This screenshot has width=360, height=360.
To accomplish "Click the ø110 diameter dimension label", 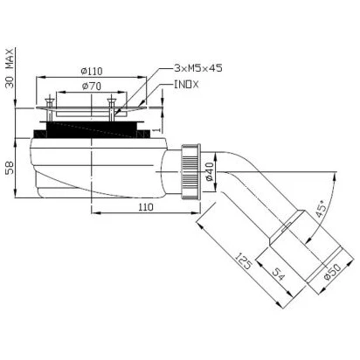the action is point(92,71).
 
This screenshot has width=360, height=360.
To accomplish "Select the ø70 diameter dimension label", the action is point(92,87).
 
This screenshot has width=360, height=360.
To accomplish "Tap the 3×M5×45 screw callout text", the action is point(198,68).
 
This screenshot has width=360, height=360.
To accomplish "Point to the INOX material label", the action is point(186,85).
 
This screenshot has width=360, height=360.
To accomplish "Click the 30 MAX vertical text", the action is point(10,68).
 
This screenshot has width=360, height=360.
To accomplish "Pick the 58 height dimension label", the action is point(10,168).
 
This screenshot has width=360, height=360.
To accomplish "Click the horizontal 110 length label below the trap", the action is point(145,207).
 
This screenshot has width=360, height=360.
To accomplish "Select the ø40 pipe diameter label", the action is point(210,172).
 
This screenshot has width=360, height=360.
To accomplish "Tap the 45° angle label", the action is point(321,209).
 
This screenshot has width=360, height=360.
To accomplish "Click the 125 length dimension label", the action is point(243,261).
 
